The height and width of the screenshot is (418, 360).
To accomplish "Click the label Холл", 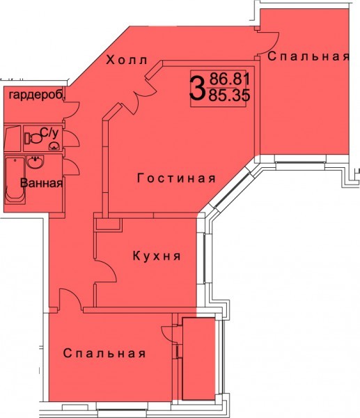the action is point(127,60).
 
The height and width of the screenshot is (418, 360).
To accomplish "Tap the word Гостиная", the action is point(176,178).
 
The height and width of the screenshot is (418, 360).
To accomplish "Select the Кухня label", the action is point(157,256).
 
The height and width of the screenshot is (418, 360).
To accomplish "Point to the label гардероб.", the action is point(38,95).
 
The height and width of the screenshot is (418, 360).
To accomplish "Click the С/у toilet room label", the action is point(49,133).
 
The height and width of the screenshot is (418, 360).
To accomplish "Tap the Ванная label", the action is point(42,183).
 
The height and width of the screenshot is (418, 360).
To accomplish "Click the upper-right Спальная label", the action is point(308,56).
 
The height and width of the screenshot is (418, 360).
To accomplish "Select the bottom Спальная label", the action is point(104,353).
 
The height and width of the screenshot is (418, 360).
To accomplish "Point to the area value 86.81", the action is point(230,79).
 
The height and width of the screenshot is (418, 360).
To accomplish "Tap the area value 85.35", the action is point(229,95).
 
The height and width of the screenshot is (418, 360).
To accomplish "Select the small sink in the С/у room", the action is point(54,146).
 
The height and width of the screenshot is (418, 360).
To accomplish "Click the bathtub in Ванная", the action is point(15,180).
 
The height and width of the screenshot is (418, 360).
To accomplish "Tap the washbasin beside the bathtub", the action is point(35,162).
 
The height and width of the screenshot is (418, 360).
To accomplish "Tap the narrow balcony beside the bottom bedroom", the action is point(198,359).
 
